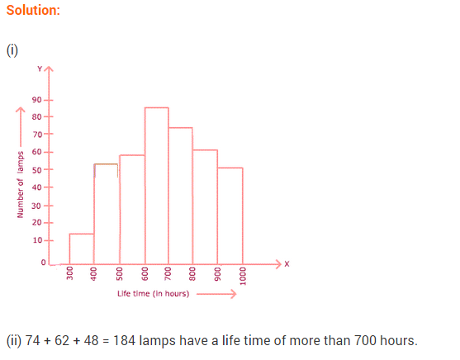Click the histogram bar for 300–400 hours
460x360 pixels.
point(81,248)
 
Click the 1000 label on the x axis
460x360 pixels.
point(243,277)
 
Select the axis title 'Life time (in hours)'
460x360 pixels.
point(153,294)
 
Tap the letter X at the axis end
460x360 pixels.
point(287,263)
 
